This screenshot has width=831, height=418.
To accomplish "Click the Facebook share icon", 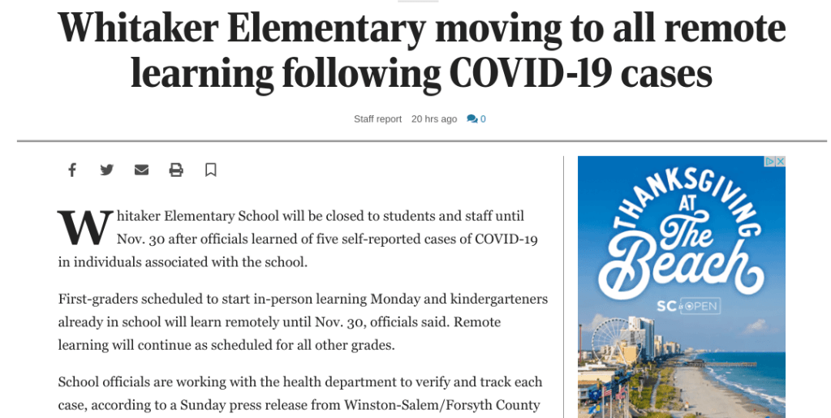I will click(x=72, y=170).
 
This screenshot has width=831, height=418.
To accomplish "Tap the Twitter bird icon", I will click(x=107, y=170).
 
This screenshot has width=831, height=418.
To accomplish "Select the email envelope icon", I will click(x=141, y=170).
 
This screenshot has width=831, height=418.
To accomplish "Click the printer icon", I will click(x=176, y=170).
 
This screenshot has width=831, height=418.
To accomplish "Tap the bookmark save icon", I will click(x=210, y=170).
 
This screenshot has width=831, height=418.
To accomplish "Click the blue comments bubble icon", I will click(x=472, y=119).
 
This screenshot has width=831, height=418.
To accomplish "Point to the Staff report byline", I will click(x=377, y=119).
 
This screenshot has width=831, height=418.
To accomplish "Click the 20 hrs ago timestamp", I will click(x=434, y=119).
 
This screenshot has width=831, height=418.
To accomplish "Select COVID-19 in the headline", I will click(x=530, y=74).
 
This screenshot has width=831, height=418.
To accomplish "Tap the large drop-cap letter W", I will click(x=84, y=228).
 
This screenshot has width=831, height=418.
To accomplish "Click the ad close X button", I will click(x=780, y=162).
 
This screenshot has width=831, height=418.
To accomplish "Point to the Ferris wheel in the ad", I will click(x=609, y=340).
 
